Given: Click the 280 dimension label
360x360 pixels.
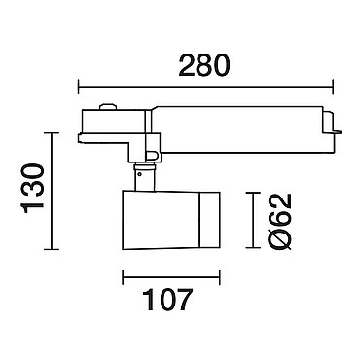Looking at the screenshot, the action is pyautogui.click(x=204, y=66).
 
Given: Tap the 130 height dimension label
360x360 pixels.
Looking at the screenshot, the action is pyautogui.click(x=32, y=189).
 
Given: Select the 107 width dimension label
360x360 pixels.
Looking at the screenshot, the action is pyautogui.click(x=167, y=300).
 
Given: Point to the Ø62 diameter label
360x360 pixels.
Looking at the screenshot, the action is pyautogui.click(x=281, y=222).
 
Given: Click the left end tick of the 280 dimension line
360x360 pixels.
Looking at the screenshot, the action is pyautogui.click(x=79, y=87).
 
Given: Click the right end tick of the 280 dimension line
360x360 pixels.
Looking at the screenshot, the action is pyautogui.click(x=333, y=87).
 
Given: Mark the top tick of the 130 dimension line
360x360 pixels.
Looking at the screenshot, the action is pyautogui.click(x=52, y=133).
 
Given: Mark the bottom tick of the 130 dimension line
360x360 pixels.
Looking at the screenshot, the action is pyautogui.click(x=52, y=249).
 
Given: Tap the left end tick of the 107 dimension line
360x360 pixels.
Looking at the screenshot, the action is pyautogui.click(x=123, y=277).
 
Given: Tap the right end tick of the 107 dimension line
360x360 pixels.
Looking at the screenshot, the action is pyautogui.click(x=220, y=277).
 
